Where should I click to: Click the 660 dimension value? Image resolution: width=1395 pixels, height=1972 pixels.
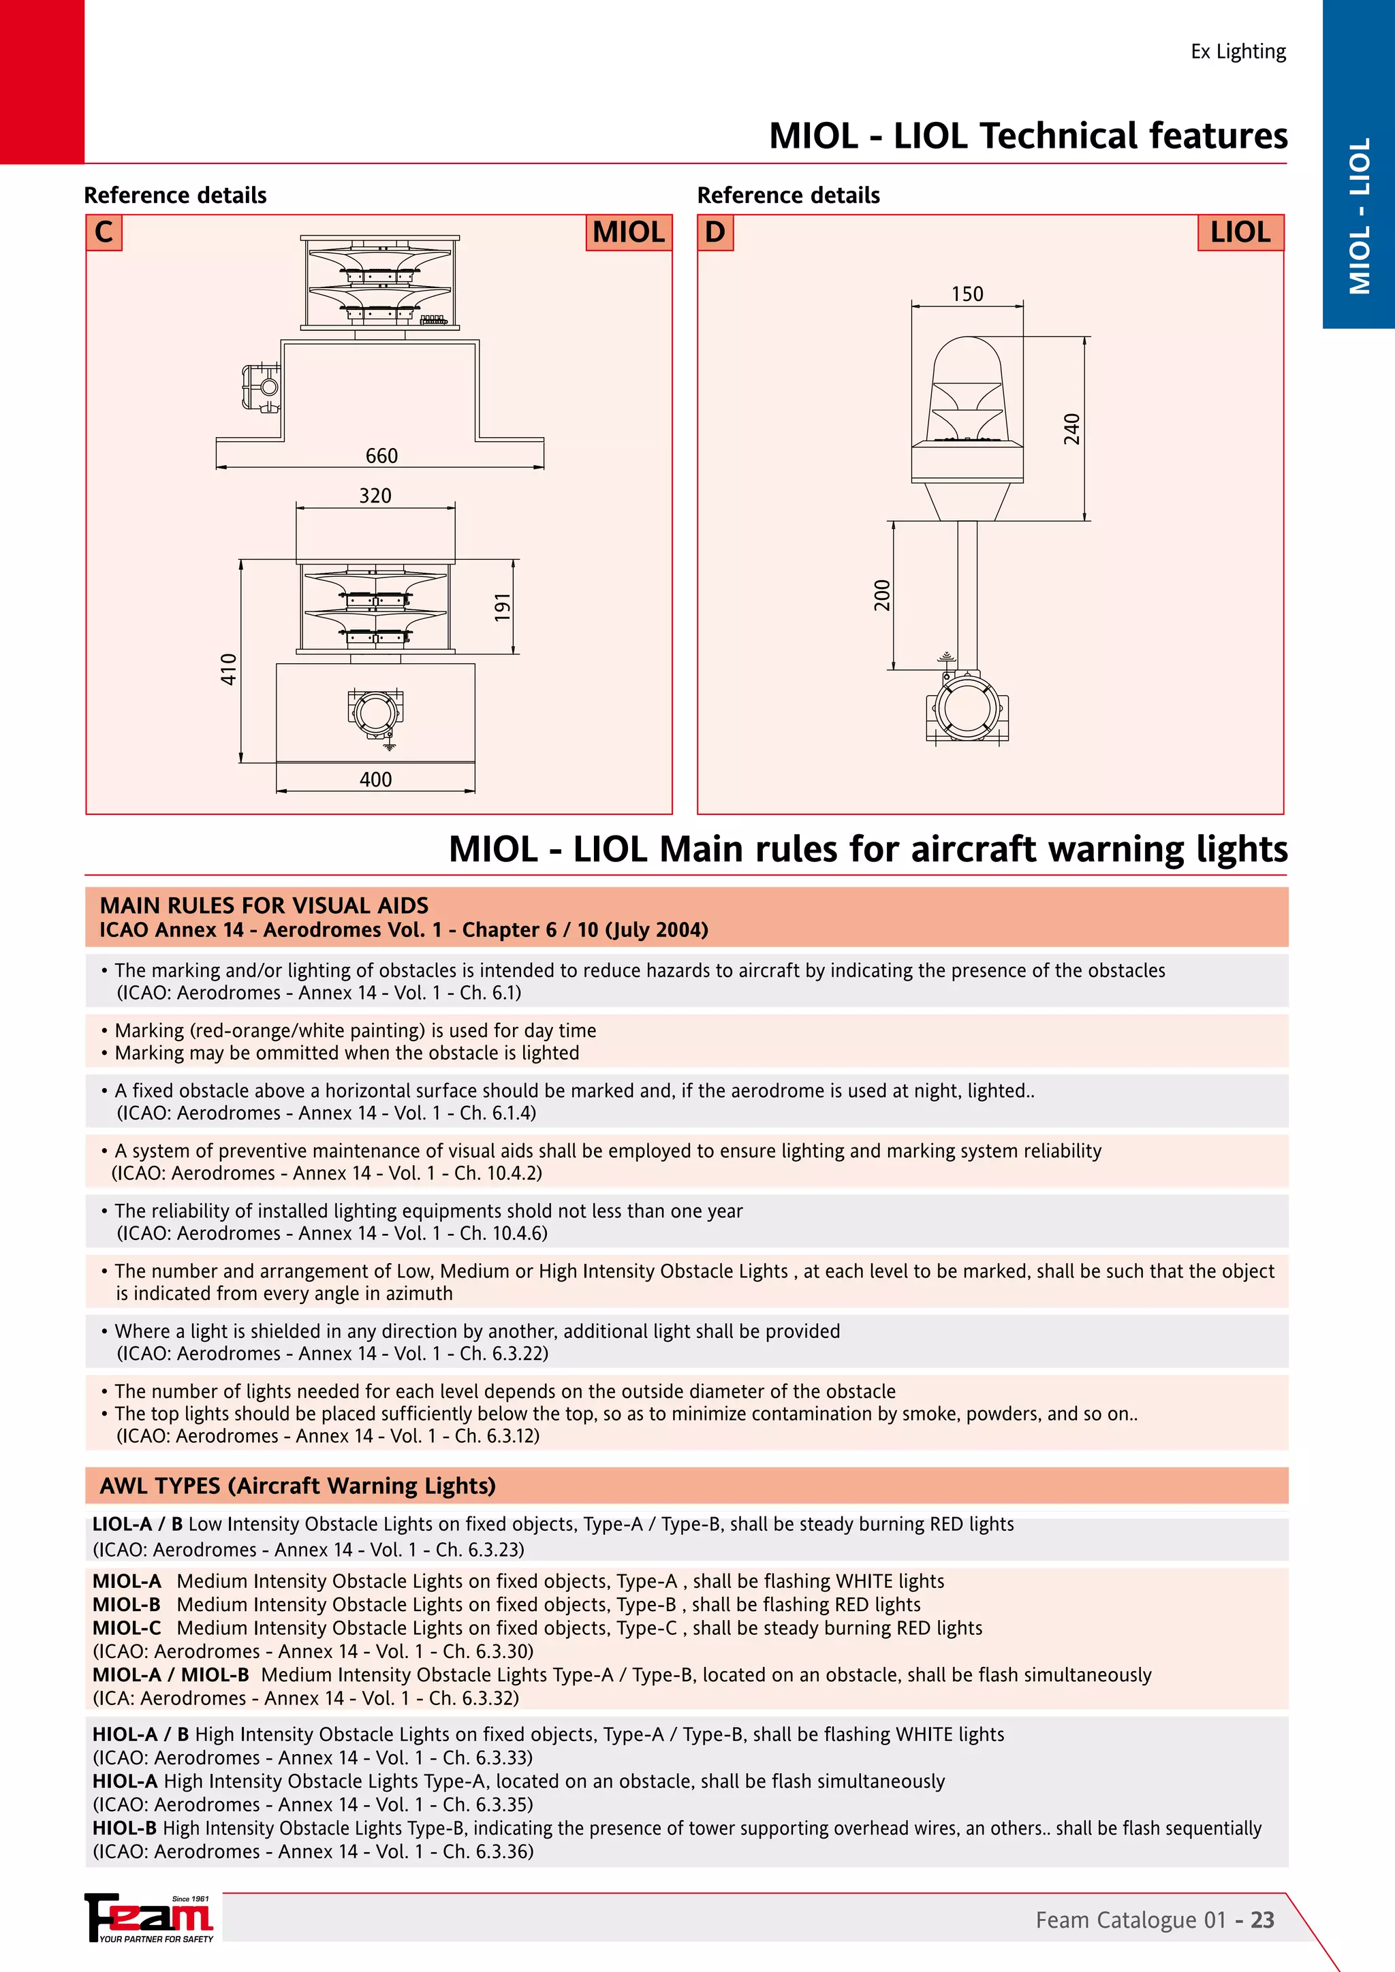[381, 456]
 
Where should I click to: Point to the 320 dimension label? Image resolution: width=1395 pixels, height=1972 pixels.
[375, 496]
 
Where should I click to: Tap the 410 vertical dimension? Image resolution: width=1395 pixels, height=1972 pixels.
[228, 669]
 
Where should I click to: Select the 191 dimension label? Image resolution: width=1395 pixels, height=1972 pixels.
[503, 606]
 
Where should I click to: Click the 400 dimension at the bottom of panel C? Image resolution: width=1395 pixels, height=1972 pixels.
[375, 780]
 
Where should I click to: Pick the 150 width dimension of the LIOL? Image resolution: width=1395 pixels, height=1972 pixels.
[967, 293]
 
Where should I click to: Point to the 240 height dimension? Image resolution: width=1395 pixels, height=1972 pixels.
[1071, 430]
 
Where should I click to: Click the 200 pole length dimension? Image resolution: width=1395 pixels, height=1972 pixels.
[882, 595]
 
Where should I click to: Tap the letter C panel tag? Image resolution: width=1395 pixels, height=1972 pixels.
[104, 233]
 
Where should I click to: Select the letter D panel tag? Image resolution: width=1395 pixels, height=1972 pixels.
[715, 233]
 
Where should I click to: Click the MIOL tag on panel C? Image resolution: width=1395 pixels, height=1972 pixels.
[628, 233]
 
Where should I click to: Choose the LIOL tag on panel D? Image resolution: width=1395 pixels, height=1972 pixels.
[1240, 233]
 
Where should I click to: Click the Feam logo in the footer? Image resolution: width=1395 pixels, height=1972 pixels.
[149, 1917]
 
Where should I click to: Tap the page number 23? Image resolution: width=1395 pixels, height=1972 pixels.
[1262, 1920]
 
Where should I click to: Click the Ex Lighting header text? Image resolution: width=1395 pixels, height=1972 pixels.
[1238, 52]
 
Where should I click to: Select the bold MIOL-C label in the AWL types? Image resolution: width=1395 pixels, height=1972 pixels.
[126, 1627]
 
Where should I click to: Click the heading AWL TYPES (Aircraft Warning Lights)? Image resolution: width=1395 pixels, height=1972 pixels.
[297, 1486]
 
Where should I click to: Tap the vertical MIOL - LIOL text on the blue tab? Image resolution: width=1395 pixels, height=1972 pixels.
[1359, 217]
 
